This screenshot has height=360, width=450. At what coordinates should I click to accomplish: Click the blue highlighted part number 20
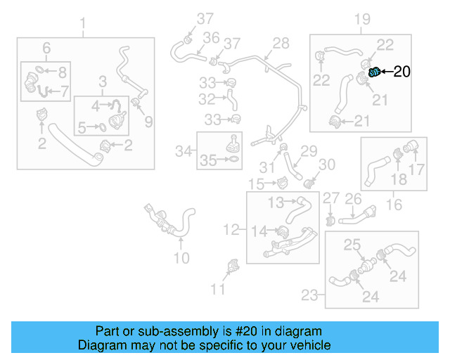pos(375,70)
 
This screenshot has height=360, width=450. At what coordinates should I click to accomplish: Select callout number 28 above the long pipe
pos(281,44)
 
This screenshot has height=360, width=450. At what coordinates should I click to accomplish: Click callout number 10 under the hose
pos(181,258)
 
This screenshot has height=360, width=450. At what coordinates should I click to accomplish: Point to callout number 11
pos(219,288)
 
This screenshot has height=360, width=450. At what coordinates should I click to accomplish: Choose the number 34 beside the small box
pos(184,150)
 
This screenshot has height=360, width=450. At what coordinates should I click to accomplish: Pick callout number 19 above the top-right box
pos(361,18)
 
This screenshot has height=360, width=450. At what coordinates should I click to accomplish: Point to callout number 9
pos(148,122)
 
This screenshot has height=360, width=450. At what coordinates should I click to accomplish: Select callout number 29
pos(309,151)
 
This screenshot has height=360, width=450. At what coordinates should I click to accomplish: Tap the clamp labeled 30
pos(307,184)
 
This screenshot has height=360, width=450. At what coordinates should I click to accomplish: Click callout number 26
pos(353,200)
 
